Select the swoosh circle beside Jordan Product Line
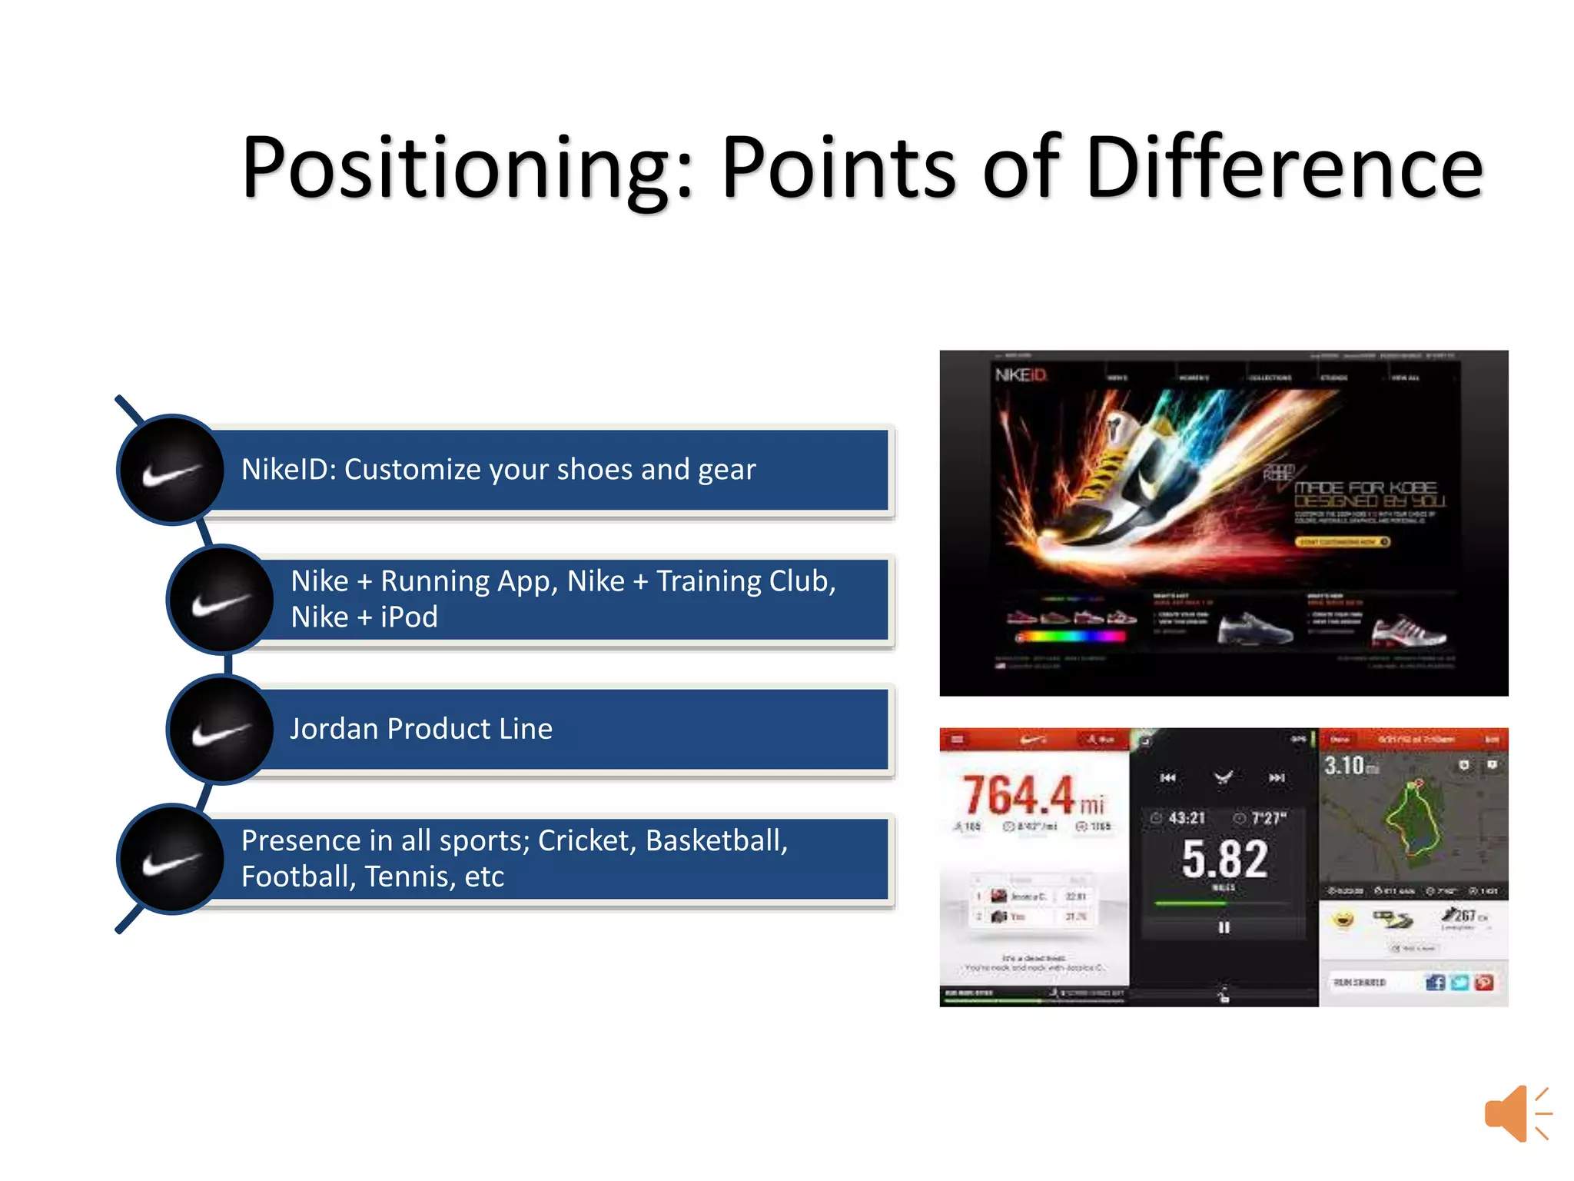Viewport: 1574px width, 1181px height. (x=221, y=730)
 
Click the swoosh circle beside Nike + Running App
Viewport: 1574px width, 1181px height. (x=221, y=600)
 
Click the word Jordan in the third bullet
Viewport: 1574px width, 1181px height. (x=334, y=729)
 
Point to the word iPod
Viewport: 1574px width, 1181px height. (x=408, y=617)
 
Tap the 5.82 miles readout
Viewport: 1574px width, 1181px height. (x=1224, y=860)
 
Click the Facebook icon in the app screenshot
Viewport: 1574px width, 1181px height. (x=1434, y=982)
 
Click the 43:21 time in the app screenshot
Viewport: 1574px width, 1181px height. (x=1186, y=818)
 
